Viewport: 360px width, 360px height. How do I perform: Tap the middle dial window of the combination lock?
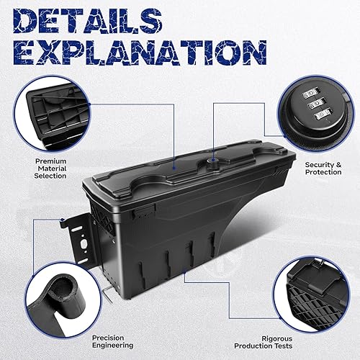click(315, 104)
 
